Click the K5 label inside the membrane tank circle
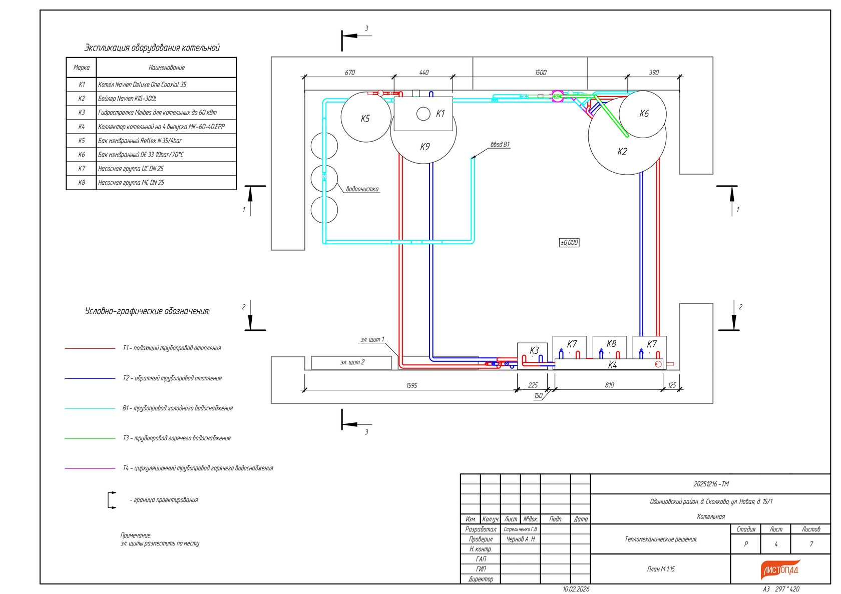click(365, 119)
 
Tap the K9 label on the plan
click(425, 147)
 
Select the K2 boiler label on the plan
click(622, 152)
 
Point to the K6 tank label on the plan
click(644, 113)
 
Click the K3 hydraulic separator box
click(532, 356)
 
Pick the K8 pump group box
click(609, 347)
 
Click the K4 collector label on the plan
click(612, 365)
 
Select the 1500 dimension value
click(540, 73)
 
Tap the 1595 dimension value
click(411, 385)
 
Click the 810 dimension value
click(609, 385)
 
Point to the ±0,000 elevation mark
click(569, 242)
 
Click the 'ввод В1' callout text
click(500, 145)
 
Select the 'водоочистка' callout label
click(362, 189)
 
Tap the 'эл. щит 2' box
click(351, 362)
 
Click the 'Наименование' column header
click(166, 68)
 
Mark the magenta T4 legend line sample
click(90, 468)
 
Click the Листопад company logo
click(780, 569)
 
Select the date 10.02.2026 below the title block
click(576, 589)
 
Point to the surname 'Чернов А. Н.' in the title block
click(521, 539)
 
